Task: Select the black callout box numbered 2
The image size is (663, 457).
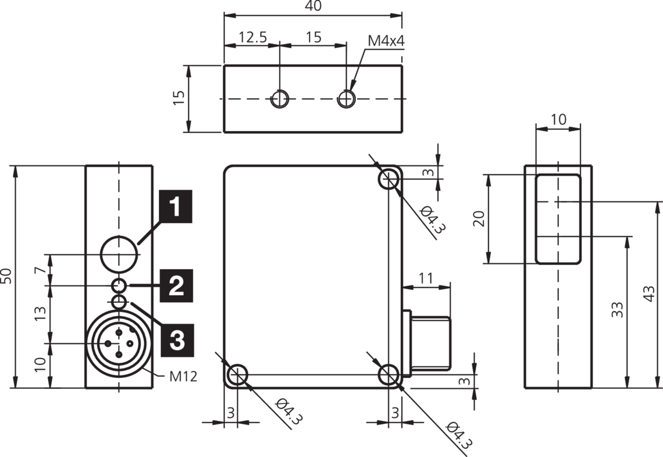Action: coord(176,286)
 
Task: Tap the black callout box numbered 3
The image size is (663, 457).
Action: coord(176,338)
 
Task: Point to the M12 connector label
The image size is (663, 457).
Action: coord(183,376)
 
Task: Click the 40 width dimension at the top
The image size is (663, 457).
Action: coord(313,6)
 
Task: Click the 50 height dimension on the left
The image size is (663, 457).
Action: coord(6,277)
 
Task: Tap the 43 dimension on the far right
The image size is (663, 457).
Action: coord(651,295)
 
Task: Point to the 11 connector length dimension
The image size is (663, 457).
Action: coord(426,278)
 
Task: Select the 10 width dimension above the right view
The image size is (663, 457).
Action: coord(558,119)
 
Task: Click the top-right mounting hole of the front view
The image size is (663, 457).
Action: coord(388,179)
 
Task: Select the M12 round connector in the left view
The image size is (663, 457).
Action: coord(119,344)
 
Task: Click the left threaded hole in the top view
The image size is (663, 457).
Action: coord(280,99)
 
